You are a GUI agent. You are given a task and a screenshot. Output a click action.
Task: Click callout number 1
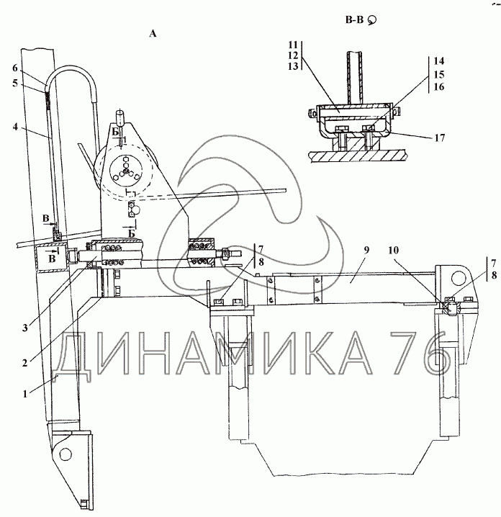tap(24, 394)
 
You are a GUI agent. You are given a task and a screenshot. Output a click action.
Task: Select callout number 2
tap(24, 364)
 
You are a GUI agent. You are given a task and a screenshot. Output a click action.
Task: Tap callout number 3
tap(25, 328)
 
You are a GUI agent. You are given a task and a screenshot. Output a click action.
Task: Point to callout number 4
tap(15, 127)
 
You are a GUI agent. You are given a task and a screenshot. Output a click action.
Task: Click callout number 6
tap(15, 68)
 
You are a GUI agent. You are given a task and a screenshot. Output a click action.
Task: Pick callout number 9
tap(366, 250)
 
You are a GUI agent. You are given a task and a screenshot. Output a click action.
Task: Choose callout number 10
tap(393, 251)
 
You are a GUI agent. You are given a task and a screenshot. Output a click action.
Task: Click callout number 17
tap(440, 138)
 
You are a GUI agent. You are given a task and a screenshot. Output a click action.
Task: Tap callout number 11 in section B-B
tap(293, 45)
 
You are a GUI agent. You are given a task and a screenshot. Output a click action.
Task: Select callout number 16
tap(438, 86)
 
